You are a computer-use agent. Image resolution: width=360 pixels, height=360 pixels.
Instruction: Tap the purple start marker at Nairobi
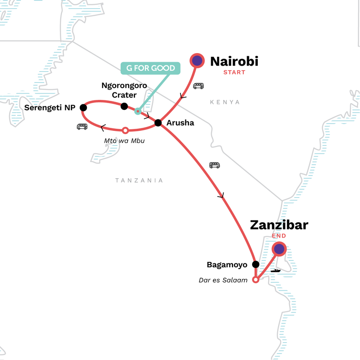(197, 60)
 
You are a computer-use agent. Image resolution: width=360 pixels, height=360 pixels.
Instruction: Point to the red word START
(234, 72)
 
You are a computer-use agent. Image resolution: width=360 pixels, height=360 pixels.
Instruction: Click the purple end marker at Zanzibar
(279, 248)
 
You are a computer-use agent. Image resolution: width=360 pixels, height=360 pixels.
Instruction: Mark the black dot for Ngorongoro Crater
(124, 106)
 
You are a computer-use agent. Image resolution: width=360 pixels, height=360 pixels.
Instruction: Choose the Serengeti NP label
(50, 108)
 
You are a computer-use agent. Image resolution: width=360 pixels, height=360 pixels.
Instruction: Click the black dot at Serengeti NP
(83, 108)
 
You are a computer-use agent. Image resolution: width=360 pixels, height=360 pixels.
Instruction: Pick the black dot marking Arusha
(158, 122)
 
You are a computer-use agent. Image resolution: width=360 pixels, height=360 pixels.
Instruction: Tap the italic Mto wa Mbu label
(126, 140)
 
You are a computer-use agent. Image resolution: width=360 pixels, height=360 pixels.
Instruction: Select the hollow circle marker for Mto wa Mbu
(126, 130)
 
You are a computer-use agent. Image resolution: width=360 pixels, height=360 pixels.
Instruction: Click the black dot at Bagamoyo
(256, 265)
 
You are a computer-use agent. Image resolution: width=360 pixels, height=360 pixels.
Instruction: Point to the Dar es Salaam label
(223, 280)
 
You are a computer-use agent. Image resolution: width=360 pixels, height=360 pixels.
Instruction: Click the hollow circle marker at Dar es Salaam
(256, 279)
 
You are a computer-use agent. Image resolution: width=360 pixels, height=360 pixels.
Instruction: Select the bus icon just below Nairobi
(198, 85)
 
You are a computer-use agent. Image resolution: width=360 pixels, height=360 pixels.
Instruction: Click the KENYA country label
(225, 102)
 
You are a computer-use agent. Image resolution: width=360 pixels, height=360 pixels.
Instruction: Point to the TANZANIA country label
(139, 180)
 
